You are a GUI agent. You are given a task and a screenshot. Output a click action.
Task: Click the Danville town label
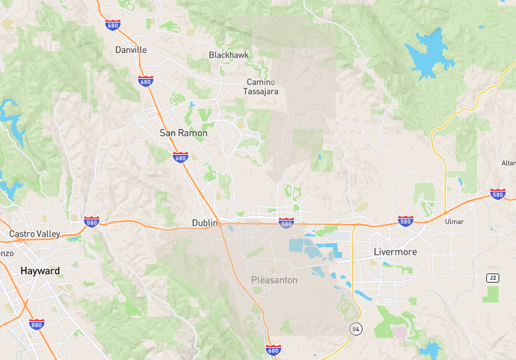pos(131,50)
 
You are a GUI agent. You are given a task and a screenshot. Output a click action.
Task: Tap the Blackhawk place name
pos(229,55)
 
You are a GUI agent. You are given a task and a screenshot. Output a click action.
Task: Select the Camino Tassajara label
pos(261,86)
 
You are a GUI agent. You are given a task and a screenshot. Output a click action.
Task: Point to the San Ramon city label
pos(184,133)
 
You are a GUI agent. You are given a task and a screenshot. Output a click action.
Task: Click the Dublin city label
pos(204,223)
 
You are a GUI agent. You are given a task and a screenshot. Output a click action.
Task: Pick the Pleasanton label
pos(274,280)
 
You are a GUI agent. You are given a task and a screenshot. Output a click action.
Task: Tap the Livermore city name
pos(395,251)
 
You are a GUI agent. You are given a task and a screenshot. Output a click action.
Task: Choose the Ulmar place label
pos(454,222)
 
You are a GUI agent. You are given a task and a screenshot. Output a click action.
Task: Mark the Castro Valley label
pos(34,234)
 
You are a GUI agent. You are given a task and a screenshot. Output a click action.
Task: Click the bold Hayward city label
pos(40,271)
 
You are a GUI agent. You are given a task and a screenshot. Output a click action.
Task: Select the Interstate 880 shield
pos(36,324)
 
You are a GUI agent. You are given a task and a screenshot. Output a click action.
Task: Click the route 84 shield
pos(355,329)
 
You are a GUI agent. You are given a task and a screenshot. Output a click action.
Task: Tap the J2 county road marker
pos(492,277)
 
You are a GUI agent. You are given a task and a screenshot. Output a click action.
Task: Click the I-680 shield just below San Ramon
pos(181,157)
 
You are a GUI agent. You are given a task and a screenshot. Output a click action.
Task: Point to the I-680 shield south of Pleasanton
pos(273,350)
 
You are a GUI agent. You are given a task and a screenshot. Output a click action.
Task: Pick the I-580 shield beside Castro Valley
pos(91,221)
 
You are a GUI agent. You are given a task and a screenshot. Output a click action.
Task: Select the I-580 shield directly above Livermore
pos(405,221)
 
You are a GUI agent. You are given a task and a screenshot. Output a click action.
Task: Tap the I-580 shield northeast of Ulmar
pos(497,194)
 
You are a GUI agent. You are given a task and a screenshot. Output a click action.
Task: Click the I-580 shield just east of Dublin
pos(286,223)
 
